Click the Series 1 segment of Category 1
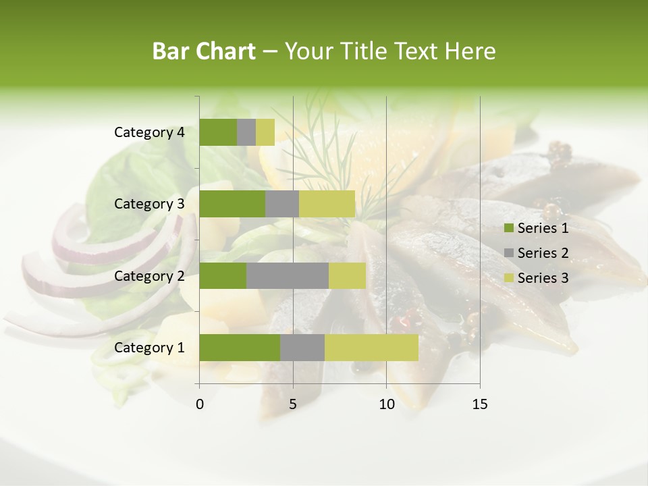pyautogui.click(x=240, y=348)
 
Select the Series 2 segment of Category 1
pyautogui.click(x=302, y=348)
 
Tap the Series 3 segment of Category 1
pyautogui.click(x=371, y=348)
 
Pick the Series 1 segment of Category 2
pyautogui.click(x=223, y=275)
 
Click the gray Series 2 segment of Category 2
pyautogui.click(x=288, y=275)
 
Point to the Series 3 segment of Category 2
pyautogui.click(x=347, y=275)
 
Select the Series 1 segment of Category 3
pyautogui.click(x=232, y=204)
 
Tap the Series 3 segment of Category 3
pyautogui.click(x=327, y=204)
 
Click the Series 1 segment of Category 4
pyautogui.click(x=218, y=132)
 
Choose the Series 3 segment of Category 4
pyautogui.click(x=265, y=132)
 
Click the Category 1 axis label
pyautogui.click(x=149, y=348)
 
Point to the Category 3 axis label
pyautogui.click(x=149, y=204)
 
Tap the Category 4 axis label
pyautogui.click(x=149, y=132)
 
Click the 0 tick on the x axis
pyautogui.click(x=200, y=404)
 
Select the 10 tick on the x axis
pyautogui.click(x=386, y=404)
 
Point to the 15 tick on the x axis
pyautogui.click(x=480, y=404)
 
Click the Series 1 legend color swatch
pyautogui.click(x=508, y=228)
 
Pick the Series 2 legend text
pyautogui.click(x=543, y=253)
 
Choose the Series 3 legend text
pyautogui.click(x=543, y=278)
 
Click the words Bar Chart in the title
pyautogui.click(x=204, y=51)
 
